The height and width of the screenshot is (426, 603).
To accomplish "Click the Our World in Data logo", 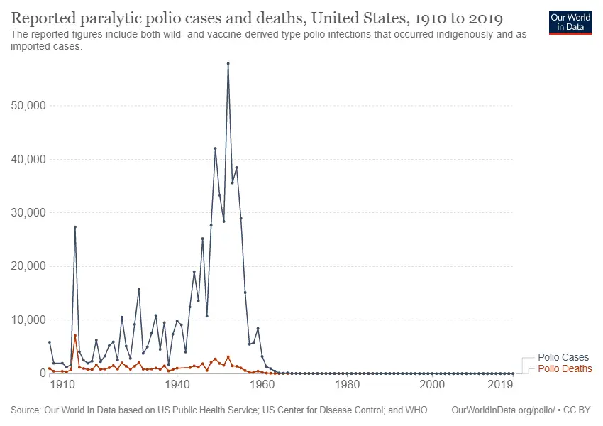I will pyautogui.click(x=570, y=21).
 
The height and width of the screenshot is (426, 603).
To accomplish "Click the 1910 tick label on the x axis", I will pyautogui.click(x=62, y=384).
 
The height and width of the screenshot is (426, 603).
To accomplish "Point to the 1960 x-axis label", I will pyautogui.click(x=262, y=384).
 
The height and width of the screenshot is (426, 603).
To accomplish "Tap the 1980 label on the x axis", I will pyautogui.click(x=347, y=384).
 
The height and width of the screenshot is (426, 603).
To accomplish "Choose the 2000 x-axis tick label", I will pyautogui.click(x=432, y=384).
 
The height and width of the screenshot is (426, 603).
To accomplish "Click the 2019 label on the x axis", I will pyautogui.click(x=501, y=384).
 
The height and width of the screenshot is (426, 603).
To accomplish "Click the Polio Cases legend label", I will pyautogui.click(x=563, y=358).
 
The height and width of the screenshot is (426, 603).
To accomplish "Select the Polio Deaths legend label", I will pyautogui.click(x=565, y=368).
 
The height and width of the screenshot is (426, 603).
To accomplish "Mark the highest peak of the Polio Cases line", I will pyautogui.click(x=228, y=63).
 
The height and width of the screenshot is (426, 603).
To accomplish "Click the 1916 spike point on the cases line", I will pyautogui.click(x=75, y=227).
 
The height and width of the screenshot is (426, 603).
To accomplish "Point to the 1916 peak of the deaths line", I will pyautogui.click(x=75, y=335).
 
